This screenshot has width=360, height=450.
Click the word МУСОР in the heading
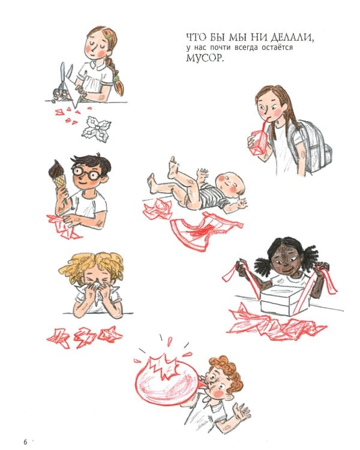(204, 58)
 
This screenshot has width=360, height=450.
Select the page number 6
(25, 442)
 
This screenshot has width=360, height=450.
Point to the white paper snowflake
(97, 129)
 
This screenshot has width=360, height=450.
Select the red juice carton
(258, 142)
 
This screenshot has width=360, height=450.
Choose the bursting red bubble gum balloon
(167, 380)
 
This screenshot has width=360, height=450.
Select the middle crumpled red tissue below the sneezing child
(85, 337)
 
